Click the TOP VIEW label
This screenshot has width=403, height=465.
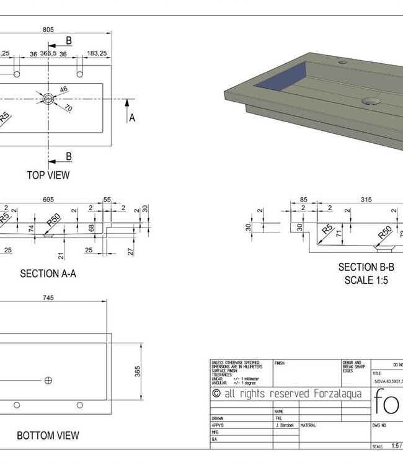pos(48,175)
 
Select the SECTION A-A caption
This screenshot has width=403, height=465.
pos(48,273)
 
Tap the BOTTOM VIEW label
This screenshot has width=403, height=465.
pos(48,436)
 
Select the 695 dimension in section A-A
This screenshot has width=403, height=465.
pos(50,200)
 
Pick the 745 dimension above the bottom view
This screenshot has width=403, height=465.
pos(48,298)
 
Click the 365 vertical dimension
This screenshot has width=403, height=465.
pos(138,371)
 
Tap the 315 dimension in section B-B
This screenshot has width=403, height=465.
pos(366,200)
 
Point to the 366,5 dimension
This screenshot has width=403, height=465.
pos(48,54)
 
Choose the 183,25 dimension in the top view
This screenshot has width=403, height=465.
pos(97,54)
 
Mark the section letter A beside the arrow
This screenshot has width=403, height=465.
pos(131,118)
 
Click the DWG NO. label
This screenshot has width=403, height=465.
pos(380,425)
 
